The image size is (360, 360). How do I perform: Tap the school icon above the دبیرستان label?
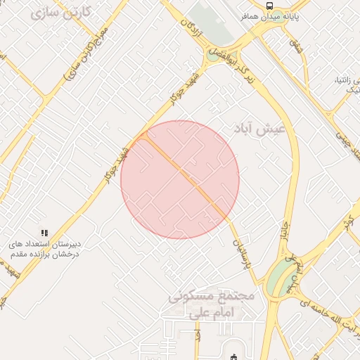coord(44,232)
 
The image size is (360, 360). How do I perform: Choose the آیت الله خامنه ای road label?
coord(330,312)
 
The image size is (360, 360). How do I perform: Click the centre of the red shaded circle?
coord(180,179)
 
